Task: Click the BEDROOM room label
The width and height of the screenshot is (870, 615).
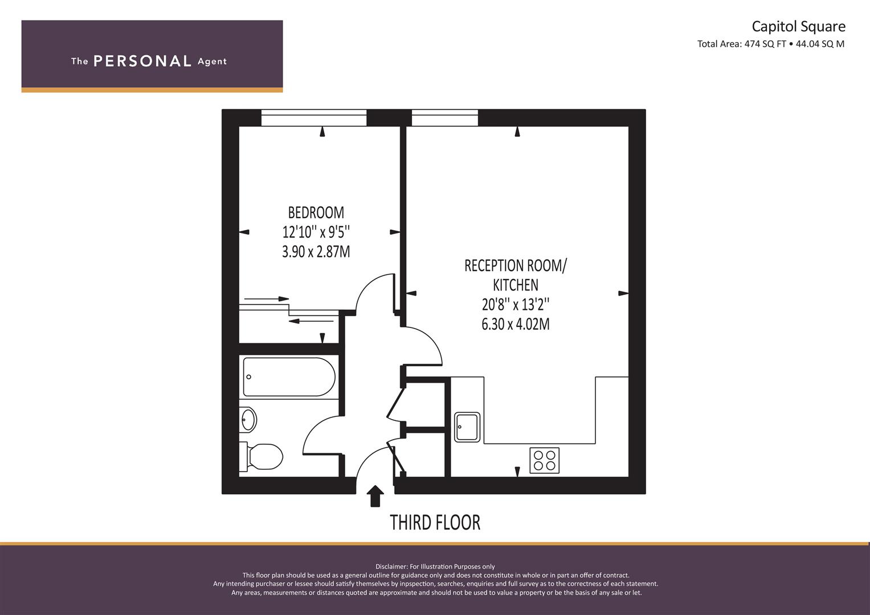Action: (316, 213)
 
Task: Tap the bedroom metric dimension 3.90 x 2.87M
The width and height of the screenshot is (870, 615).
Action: (316, 252)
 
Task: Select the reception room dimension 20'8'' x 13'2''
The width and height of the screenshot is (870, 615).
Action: (516, 305)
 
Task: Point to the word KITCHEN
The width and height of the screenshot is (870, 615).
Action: (516, 285)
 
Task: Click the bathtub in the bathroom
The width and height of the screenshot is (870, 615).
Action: (289, 376)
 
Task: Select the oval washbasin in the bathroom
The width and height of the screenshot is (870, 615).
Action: (248, 419)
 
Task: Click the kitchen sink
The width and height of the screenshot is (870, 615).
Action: (467, 427)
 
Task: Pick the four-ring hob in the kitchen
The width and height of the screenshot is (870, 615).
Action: (545, 461)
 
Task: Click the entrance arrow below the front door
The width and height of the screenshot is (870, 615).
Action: (375, 496)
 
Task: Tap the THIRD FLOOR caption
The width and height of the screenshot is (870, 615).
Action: (435, 522)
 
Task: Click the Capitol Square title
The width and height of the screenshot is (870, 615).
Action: (799, 26)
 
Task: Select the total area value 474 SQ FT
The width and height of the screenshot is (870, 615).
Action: (765, 44)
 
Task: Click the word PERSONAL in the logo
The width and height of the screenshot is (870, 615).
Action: (142, 61)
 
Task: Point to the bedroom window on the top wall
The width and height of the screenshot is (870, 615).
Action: (314, 118)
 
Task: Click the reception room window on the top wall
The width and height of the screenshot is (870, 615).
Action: (445, 118)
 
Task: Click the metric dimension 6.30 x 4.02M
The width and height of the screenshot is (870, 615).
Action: (516, 324)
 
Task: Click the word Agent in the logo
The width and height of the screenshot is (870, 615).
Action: (212, 61)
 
